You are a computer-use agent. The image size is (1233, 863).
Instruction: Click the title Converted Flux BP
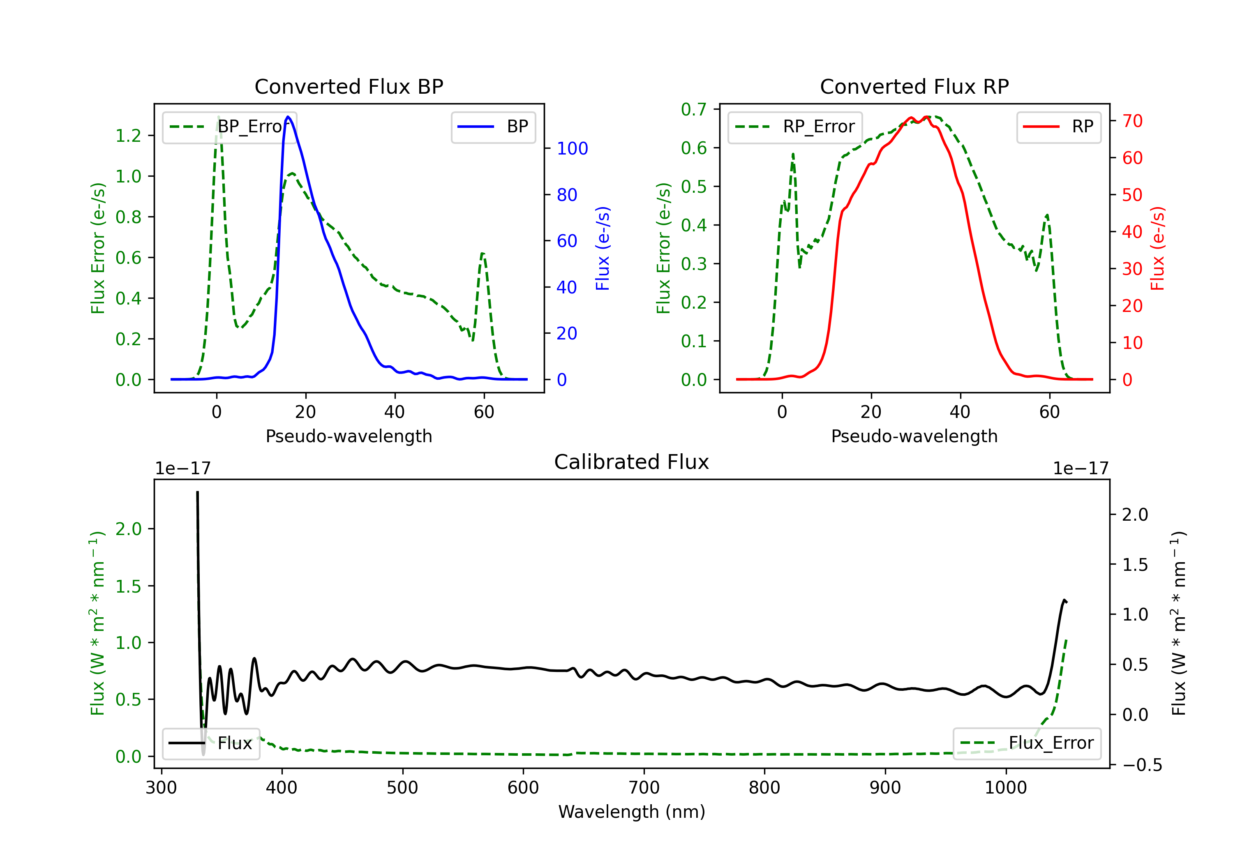349,86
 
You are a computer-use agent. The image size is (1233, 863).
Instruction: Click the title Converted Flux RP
914,86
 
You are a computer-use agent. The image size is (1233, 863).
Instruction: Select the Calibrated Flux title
632,462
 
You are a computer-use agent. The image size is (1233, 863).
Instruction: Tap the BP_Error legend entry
229,127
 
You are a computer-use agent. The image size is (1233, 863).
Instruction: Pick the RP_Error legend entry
795,127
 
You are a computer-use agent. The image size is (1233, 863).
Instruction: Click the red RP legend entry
1058,127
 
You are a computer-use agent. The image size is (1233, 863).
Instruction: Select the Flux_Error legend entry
1027,743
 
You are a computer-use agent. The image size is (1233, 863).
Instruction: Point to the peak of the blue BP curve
289,117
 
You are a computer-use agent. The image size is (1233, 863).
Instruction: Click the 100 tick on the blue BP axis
572,149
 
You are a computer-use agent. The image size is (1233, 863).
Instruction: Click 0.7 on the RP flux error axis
694,110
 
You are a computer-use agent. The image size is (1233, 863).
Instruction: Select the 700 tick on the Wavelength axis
644,788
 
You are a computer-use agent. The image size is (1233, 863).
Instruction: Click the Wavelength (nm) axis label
632,812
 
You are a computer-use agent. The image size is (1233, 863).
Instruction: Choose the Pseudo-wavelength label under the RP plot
914,436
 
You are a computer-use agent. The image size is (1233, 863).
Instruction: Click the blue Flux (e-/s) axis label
603,248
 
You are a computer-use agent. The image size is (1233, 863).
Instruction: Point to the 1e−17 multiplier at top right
1081,469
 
